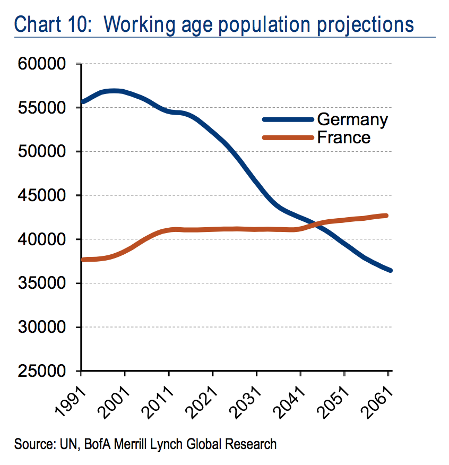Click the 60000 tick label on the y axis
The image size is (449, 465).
pyautogui.click(x=42, y=64)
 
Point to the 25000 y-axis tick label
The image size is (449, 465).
pyautogui.click(x=42, y=371)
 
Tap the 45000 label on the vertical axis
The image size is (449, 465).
pyautogui.click(x=42, y=196)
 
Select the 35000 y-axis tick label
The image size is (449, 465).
pyautogui.click(x=42, y=283)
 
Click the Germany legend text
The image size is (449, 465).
pyautogui.click(x=352, y=119)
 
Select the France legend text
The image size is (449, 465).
pyautogui.click(x=343, y=137)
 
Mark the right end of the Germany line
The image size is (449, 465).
pyautogui.click(x=390, y=270)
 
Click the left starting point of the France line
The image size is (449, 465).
pyautogui.click(x=83, y=260)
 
